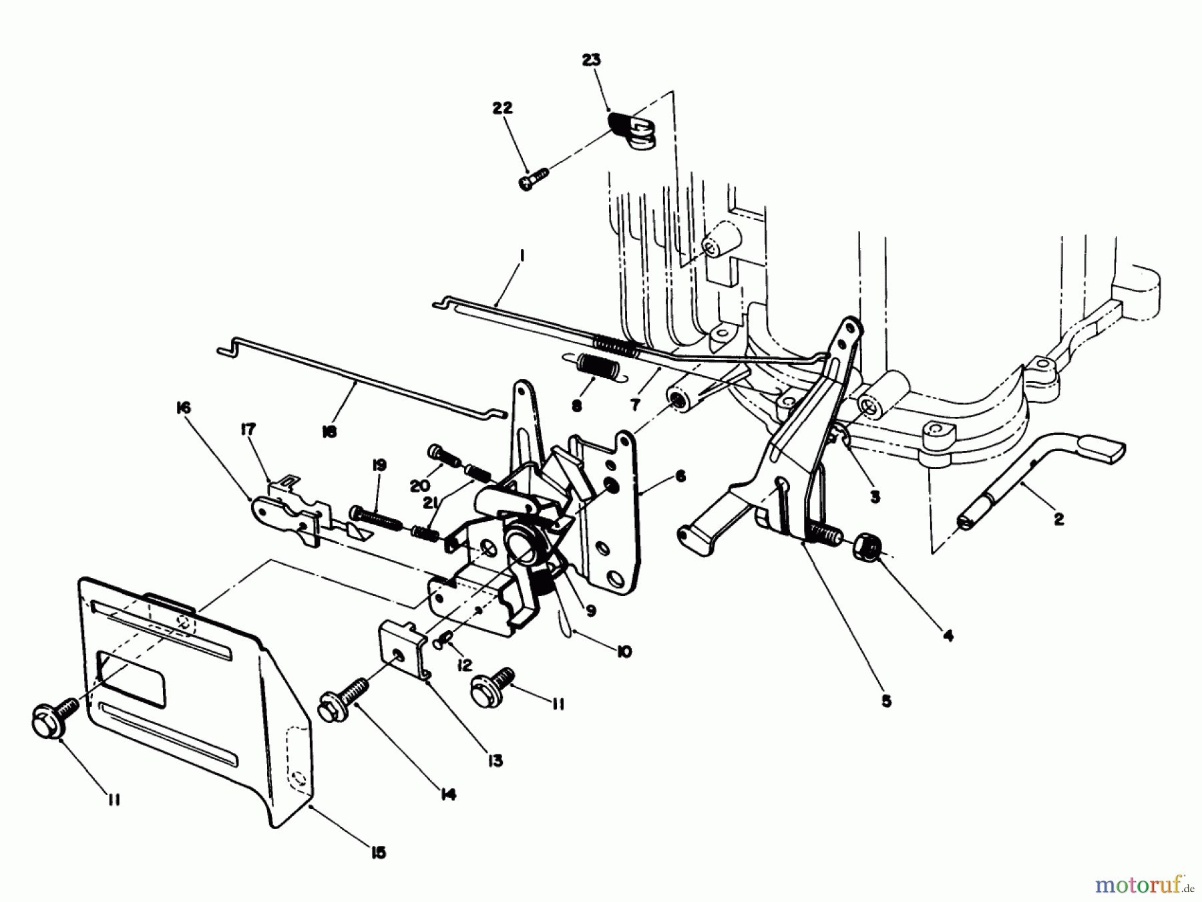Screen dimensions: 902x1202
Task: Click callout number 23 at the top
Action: [591, 60]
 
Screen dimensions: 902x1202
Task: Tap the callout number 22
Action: [502, 108]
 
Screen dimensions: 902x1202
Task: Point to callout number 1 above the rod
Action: [522, 257]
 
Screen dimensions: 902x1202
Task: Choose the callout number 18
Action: [329, 432]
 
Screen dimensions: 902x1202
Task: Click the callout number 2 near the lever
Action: [1058, 518]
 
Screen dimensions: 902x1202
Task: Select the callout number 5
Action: [885, 702]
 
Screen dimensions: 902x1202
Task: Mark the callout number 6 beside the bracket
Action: [680, 476]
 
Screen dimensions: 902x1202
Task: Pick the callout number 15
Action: [379, 853]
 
